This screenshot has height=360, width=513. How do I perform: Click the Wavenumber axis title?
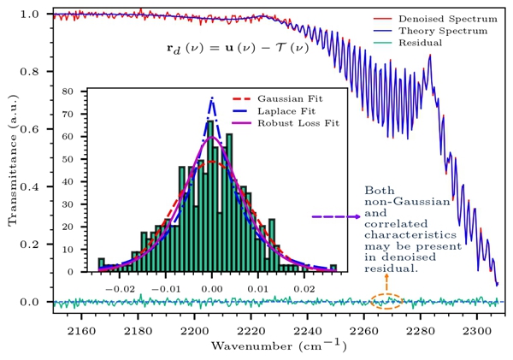274,345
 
